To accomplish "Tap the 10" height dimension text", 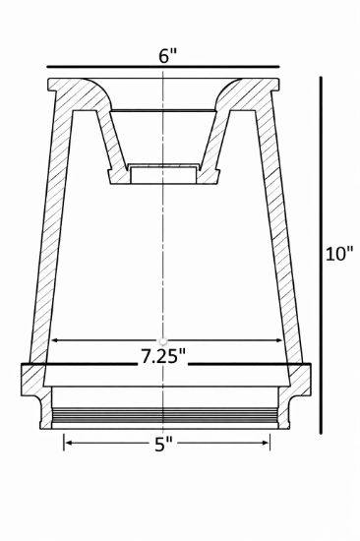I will tap(340, 254).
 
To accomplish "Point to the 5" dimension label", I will tap(163, 444).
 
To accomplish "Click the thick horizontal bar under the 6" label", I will tap(162, 69).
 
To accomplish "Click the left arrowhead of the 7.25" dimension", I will tap(53, 340).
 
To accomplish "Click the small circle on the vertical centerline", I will tap(162, 340).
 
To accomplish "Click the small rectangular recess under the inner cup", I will tap(162, 174).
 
